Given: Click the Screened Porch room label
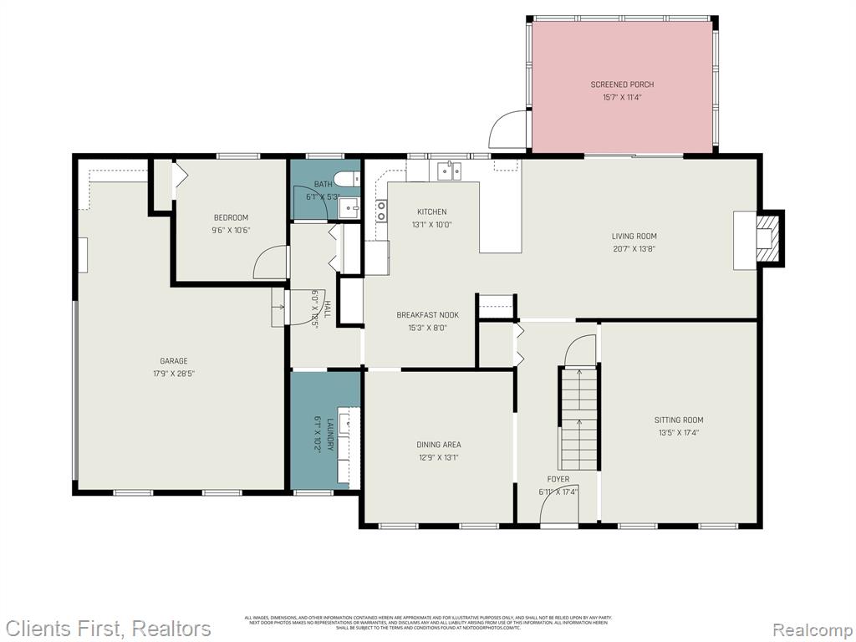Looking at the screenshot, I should click(x=622, y=84).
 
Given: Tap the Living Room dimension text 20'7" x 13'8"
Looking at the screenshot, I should click(x=634, y=248).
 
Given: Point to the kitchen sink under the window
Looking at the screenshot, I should click(x=450, y=171).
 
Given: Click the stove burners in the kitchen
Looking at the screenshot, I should click(x=381, y=211).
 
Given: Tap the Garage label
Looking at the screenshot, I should click(x=174, y=361).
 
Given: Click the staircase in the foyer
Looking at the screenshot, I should click(x=578, y=418).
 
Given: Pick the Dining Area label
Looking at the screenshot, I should click(x=439, y=445).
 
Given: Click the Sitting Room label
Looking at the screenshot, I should click(x=678, y=420).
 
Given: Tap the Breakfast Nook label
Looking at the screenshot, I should click(x=427, y=315).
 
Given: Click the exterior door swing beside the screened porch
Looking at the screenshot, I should click(x=507, y=131).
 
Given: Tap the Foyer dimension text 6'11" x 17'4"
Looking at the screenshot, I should click(x=558, y=492).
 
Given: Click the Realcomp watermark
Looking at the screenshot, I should click(x=812, y=629).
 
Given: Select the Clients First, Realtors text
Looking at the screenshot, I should click(x=109, y=628).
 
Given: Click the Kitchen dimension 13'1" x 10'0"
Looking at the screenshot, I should click(x=432, y=224).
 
